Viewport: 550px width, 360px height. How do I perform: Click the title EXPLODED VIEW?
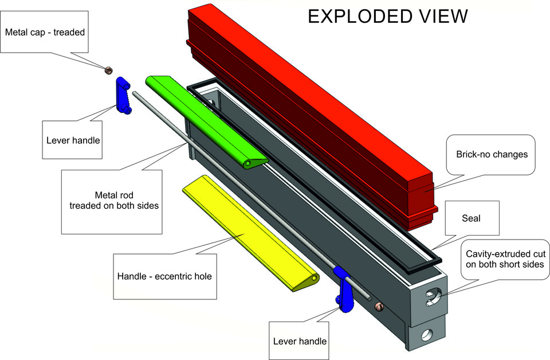click(388, 16)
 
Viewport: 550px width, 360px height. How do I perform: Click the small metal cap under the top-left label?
click(107, 71)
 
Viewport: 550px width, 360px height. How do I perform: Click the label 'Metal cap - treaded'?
click(45, 32)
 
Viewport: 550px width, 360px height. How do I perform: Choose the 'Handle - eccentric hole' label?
click(166, 276)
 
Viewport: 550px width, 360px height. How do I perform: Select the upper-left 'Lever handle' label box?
click(72, 139)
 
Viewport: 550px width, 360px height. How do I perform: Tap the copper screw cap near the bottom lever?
click(378, 308)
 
